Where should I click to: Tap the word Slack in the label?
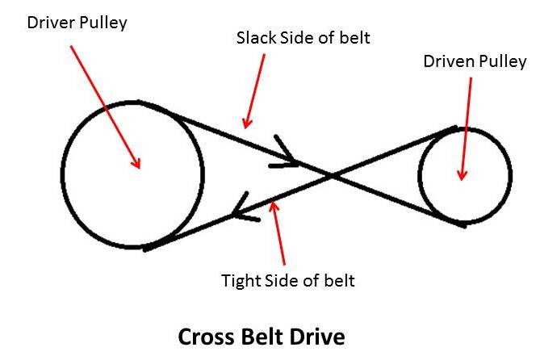coord(253,38)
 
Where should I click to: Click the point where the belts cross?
coord(332,174)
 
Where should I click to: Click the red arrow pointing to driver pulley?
coord(105,105)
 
